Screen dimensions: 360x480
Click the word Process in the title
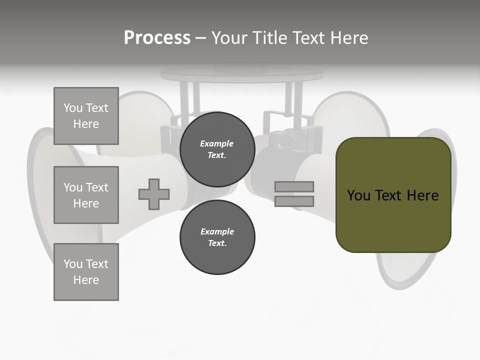click(157, 38)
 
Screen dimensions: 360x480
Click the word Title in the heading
click(268, 38)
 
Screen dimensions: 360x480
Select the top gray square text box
click(86, 116)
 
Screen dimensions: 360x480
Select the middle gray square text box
click(86, 195)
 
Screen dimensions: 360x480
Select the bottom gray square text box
click(86, 272)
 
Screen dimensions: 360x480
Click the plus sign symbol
click(154, 194)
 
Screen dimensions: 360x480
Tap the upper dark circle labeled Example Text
click(217, 149)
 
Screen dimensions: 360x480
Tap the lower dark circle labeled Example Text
click(217, 237)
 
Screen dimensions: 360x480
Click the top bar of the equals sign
click(294, 187)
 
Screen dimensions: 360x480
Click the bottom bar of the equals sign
click(294, 201)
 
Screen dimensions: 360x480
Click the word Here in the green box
click(422, 195)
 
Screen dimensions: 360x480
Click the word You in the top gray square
click(73, 108)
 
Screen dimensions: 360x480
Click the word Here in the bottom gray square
click(86, 280)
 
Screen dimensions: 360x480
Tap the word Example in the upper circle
click(217, 143)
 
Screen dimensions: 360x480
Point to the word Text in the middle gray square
click(97, 187)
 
